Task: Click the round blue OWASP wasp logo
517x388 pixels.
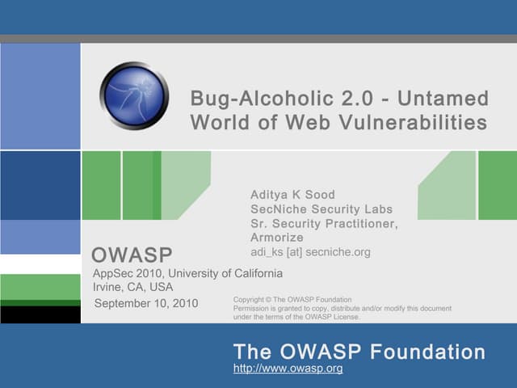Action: pyautogui.click(x=134, y=96)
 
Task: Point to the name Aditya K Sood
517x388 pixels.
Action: pyautogui.click(x=292, y=195)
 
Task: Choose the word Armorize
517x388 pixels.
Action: pyautogui.click(x=277, y=238)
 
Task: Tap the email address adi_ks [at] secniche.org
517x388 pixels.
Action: pyautogui.click(x=310, y=252)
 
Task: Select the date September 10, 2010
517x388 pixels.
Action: pyautogui.click(x=146, y=303)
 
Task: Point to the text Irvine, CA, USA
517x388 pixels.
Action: pyautogui.click(x=133, y=287)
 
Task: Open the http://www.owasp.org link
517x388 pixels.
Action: pyautogui.click(x=288, y=369)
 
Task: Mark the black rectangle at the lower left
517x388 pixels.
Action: pyautogui.click(x=40, y=314)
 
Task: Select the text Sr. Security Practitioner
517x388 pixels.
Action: pyautogui.click(x=324, y=224)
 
